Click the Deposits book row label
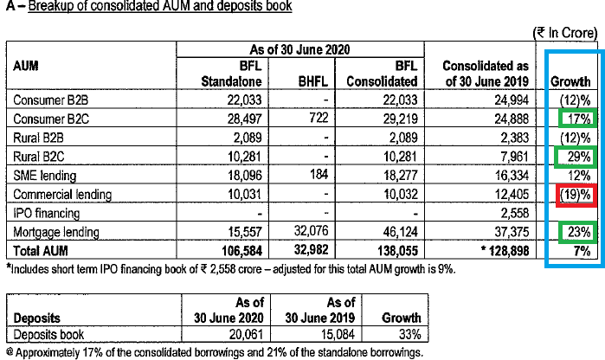49,334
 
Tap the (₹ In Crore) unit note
566,32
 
